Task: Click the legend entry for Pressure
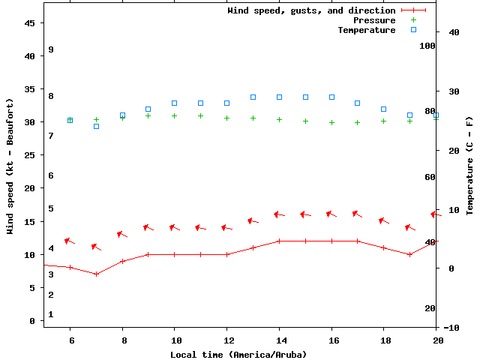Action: point(373,20)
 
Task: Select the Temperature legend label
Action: point(366,30)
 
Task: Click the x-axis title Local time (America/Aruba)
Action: point(238,354)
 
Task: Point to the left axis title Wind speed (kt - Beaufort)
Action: point(10,166)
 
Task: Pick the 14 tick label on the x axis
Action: point(279,340)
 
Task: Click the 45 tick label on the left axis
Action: point(30,22)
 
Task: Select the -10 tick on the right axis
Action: point(451,328)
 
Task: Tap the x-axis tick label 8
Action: point(122,340)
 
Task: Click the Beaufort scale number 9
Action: point(50,49)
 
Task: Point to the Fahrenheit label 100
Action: point(427,46)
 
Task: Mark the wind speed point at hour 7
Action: point(96,274)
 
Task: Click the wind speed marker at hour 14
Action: point(279,241)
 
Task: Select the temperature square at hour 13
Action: point(253,97)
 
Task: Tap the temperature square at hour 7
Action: point(96,126)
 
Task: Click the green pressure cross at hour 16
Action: point(331,121)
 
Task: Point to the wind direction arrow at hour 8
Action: point(121,235)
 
